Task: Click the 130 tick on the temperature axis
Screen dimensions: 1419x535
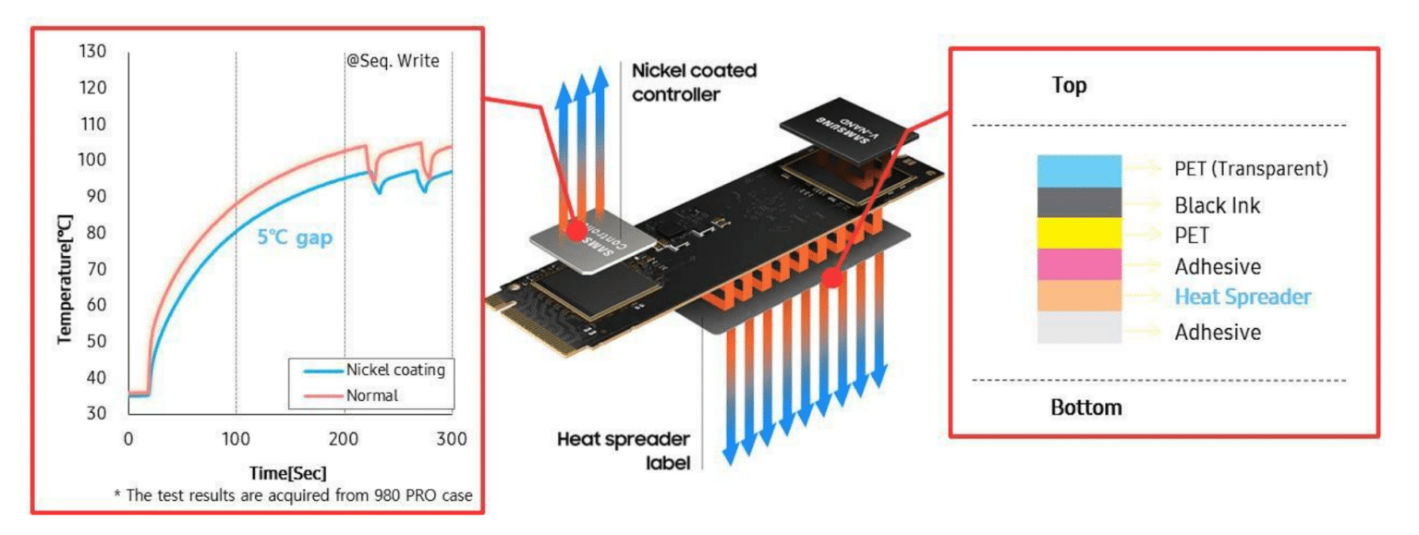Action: (92, 51)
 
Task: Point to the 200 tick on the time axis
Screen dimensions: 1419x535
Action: (344, 439)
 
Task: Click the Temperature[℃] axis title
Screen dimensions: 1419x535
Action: (65, 279)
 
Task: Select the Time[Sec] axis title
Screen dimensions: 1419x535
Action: (287, 473)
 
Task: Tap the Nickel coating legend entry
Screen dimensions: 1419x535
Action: (374, 370)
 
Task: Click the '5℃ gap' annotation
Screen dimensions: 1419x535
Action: (295, 237)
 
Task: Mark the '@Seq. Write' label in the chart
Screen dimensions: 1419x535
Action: (393, 61)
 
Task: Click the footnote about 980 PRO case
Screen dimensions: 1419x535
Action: (293, 495)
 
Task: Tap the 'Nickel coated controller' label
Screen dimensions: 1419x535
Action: (695, 82)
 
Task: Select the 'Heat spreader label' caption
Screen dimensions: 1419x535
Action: (624, 451)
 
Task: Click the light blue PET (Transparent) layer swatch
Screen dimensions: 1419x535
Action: (1079, 171)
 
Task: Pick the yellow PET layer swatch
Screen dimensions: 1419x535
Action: (1079, 233)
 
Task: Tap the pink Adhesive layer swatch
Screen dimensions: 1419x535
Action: (1079, 264)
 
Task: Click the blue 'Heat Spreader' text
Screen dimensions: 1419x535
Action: (1243, 297)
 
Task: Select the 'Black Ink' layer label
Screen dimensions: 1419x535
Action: (1217, 205)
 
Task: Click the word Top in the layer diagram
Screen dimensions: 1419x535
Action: (1069, 86)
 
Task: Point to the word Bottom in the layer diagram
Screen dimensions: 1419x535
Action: (1086, 407)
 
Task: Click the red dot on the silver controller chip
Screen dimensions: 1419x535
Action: (576, 230)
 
